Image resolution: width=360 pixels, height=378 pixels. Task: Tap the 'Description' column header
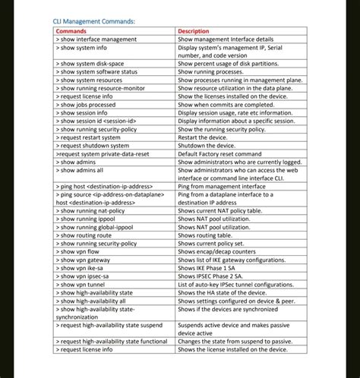coord(194,31)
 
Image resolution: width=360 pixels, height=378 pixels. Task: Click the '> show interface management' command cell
coord(96,39)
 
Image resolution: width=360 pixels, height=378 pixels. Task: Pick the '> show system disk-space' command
coord(91,63)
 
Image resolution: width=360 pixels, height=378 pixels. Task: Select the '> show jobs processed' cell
coord(87,105)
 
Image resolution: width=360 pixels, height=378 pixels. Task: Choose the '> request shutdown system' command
coord(92,146)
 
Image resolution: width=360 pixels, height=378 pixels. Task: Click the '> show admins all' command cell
coord(81,170)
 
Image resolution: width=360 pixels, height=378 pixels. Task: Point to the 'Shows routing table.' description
coord(207,235)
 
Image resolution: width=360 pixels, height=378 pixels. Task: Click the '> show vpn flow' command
coord(78,251)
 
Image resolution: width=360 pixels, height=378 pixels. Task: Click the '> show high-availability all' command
coord(94,301)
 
